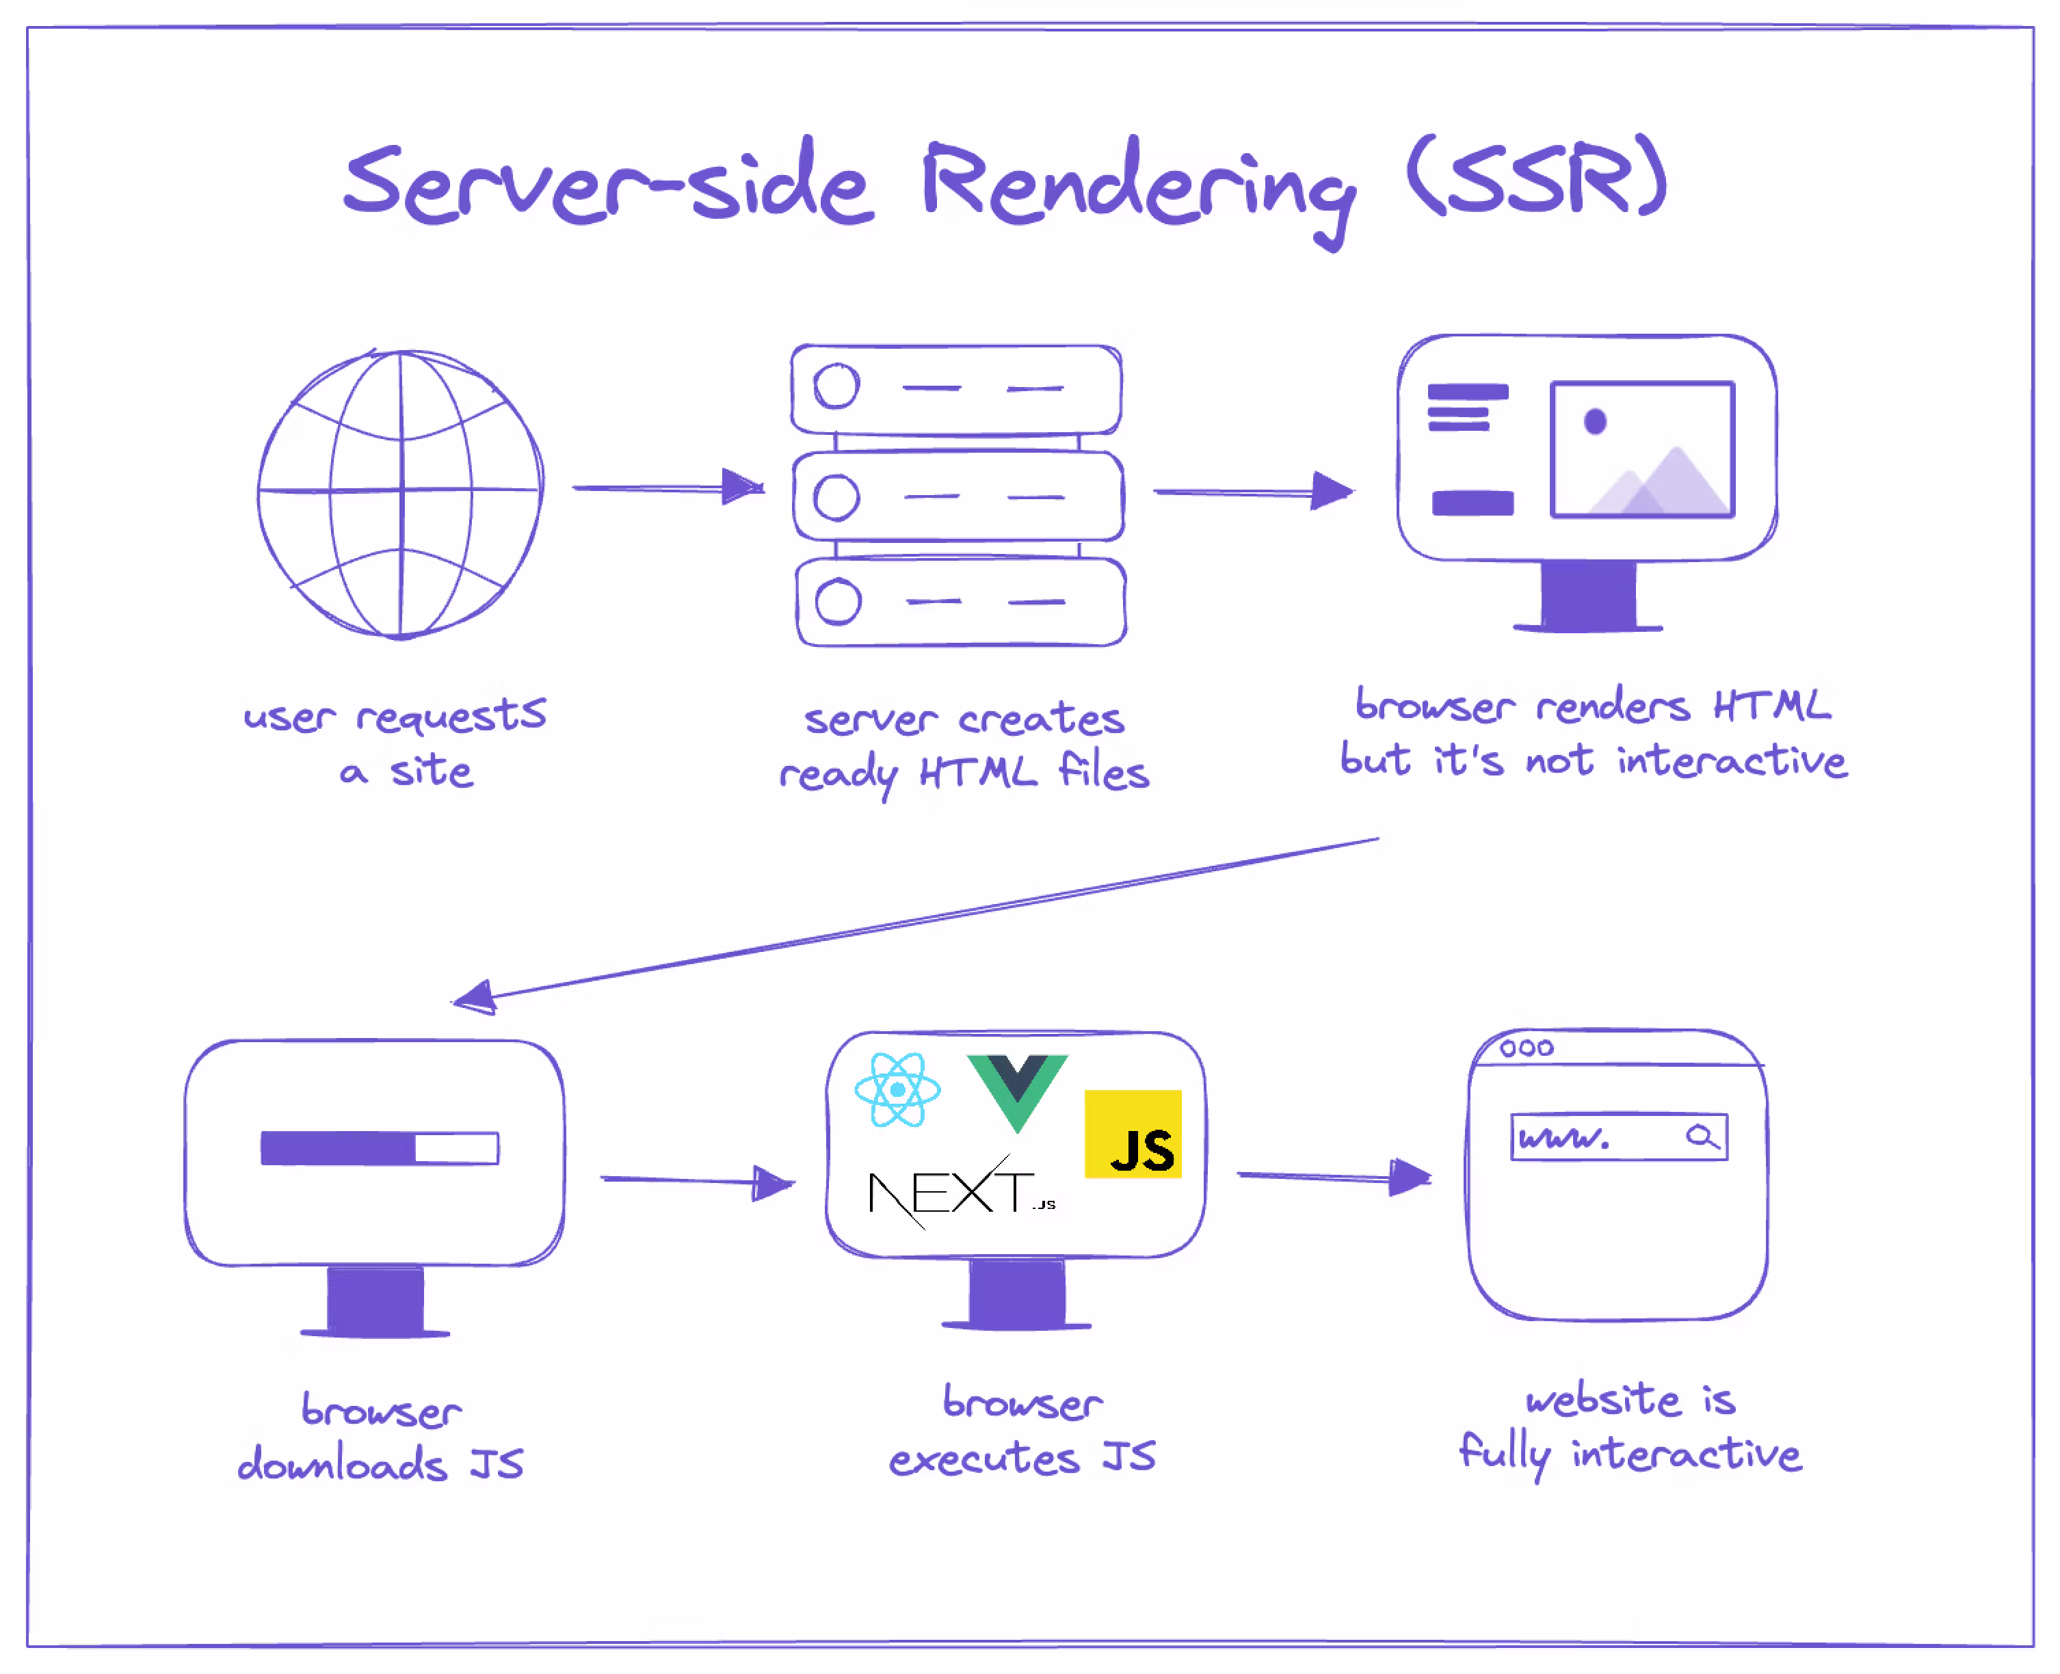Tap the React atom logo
897,1089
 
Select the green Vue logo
1018,1089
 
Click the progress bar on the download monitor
379,1147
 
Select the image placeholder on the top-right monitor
1641,449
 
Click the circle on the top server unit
836,386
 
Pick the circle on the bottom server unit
837,602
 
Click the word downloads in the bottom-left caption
343,1464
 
